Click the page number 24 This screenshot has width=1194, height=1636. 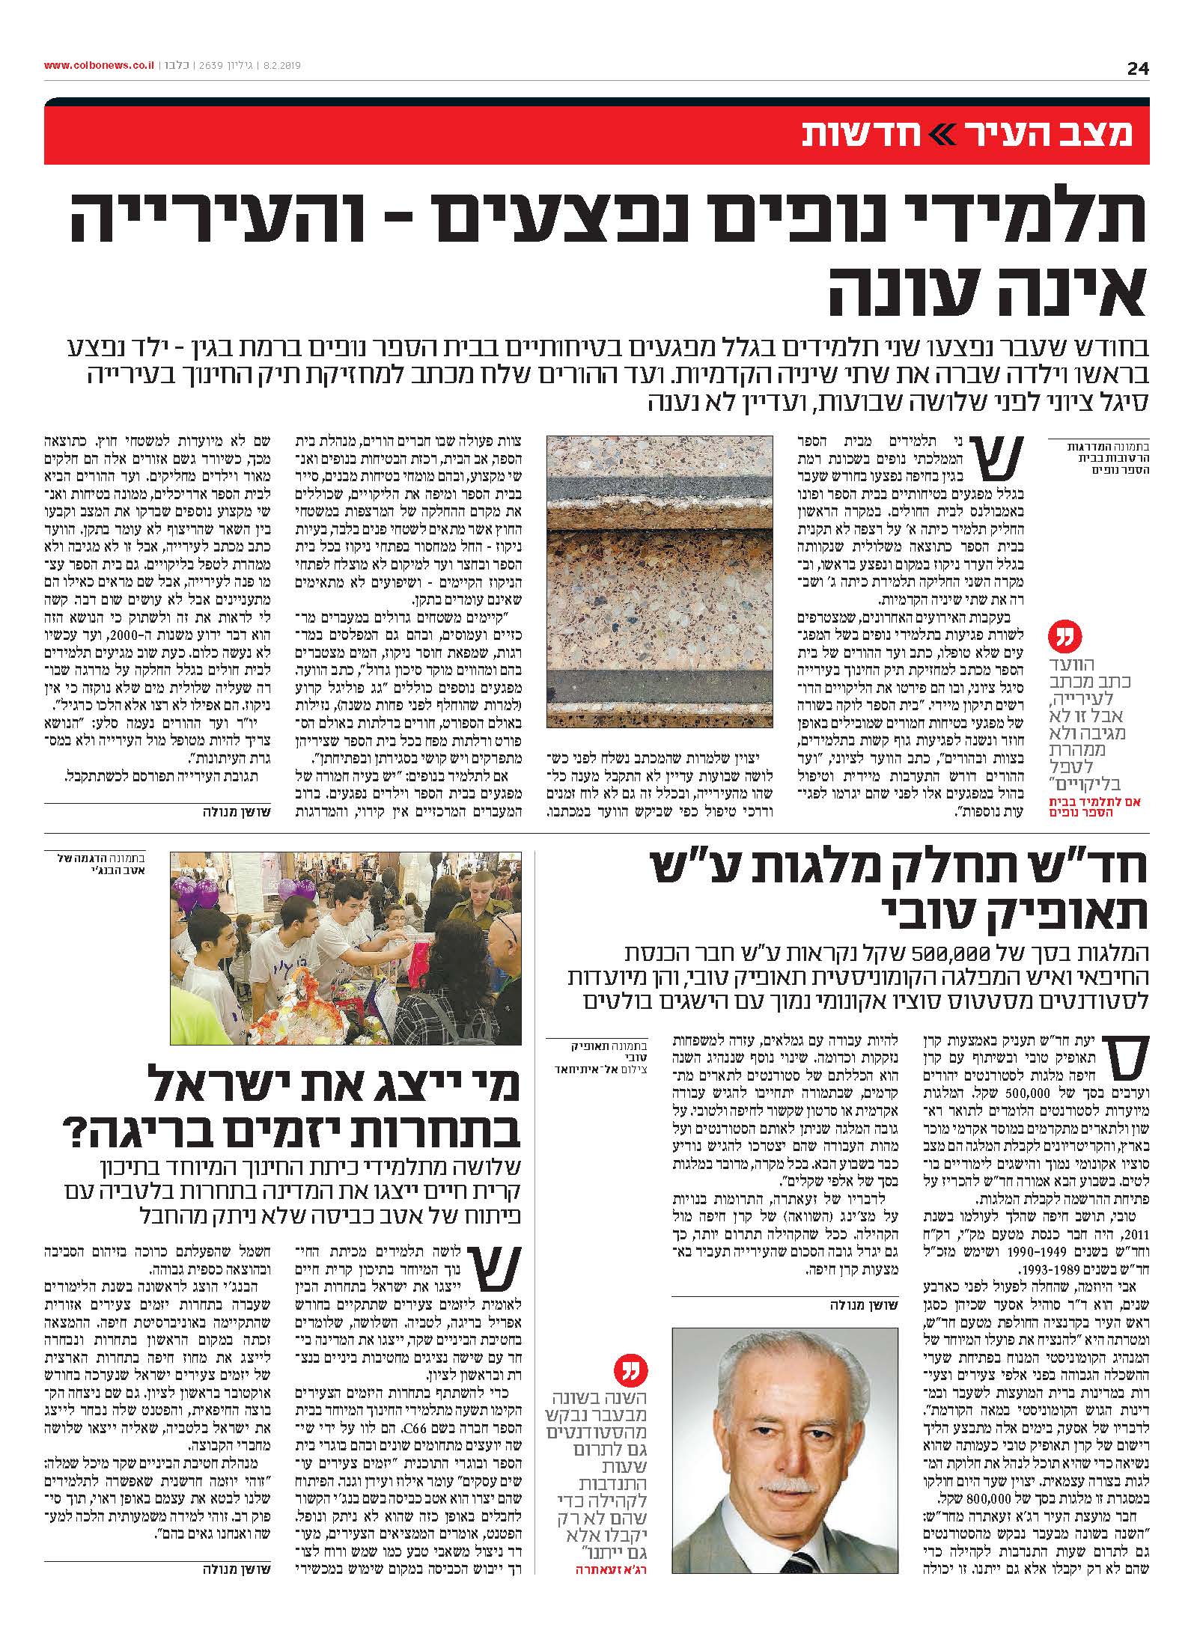click(x=1137, y=69)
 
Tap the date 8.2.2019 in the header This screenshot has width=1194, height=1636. click(x=281, y=66)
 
